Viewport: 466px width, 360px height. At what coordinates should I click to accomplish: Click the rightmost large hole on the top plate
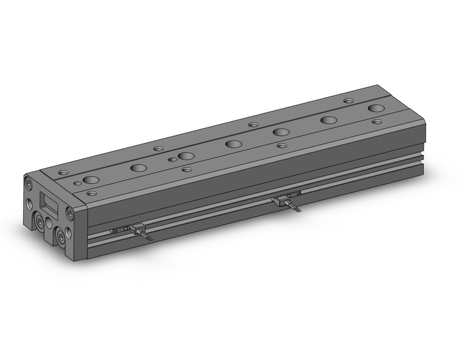pos(376,109)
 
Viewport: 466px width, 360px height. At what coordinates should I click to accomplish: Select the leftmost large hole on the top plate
pos(91,180)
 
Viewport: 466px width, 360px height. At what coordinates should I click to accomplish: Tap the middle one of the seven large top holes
pos(233,144)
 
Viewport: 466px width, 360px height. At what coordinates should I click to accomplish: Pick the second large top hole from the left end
pos(139,167)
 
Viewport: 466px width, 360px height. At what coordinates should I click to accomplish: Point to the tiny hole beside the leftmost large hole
pos(77,183)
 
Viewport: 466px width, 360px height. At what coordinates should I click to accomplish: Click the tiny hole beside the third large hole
pos(172,159)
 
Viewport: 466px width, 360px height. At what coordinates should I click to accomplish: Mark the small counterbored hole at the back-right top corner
pos(348,101)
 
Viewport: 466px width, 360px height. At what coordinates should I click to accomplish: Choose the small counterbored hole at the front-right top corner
pos(376,122)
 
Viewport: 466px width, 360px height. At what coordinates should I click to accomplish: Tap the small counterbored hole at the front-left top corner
pos(91,193)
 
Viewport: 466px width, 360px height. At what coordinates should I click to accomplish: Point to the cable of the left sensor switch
pos(147,237)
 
